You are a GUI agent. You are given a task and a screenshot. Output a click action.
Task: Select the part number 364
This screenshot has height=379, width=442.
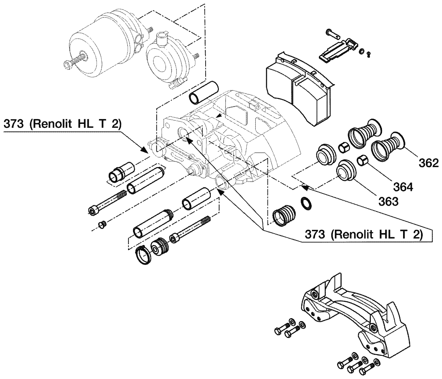coord(403,187)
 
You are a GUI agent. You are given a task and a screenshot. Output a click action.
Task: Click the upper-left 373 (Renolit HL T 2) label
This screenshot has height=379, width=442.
coord(62,124)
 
